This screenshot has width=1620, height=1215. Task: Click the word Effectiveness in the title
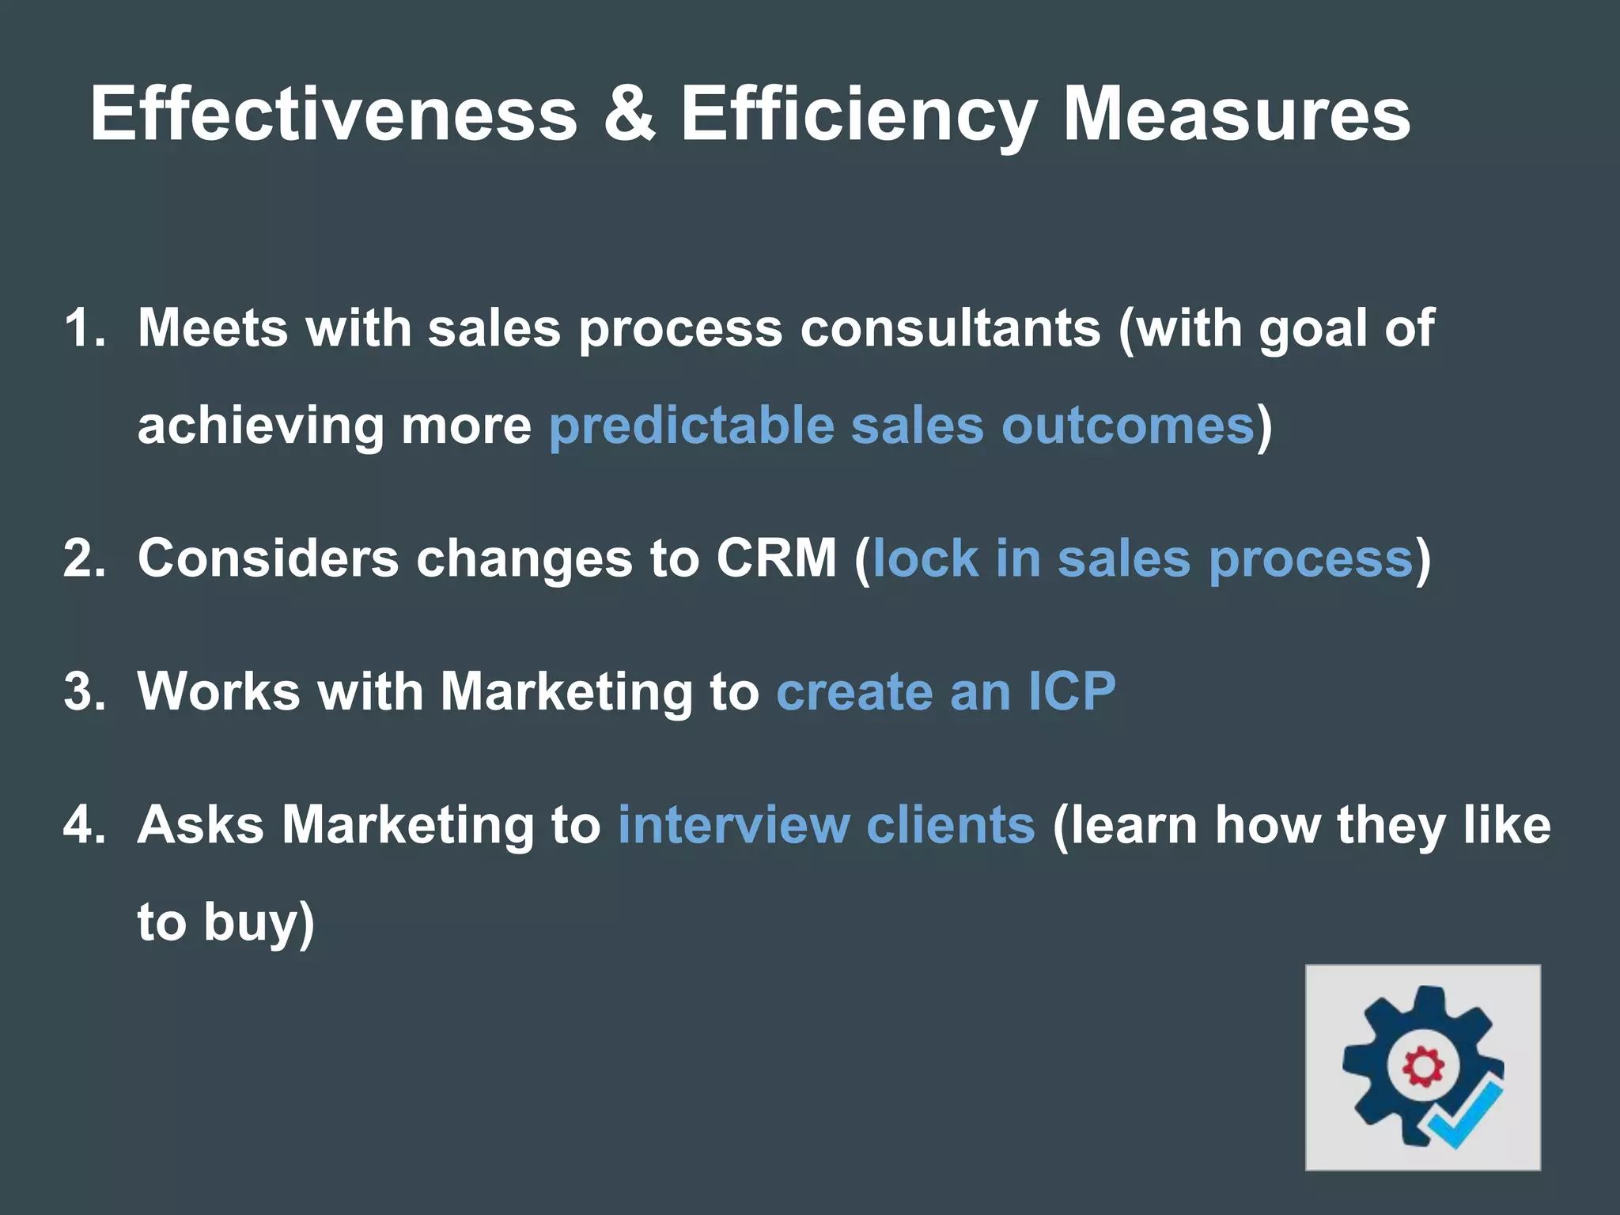pos(333,115)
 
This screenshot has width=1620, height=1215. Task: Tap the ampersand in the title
pos(629,115)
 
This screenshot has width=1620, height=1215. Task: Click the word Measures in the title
pos(1236,115)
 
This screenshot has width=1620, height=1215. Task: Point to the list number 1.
pos(84,327)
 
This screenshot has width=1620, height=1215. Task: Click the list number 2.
pos(84,558)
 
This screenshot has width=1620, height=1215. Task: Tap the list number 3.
pos(84,691)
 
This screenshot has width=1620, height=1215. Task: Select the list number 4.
pos(84,824)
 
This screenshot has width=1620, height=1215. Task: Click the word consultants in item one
pos(950,327)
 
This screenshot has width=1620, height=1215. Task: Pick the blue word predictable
pos(691,426)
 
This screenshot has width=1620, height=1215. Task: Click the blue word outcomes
pos(1128,426)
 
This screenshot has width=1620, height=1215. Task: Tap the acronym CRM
pos(776,558)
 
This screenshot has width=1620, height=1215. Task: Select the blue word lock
pos(925,558)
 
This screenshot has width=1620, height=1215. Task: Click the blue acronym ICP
pos(1072,691)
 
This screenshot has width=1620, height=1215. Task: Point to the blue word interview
pos(733,824)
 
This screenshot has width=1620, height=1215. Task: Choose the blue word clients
pos(950,824)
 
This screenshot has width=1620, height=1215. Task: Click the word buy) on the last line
pos(259,922)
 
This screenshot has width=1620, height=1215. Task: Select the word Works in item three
pos(219,691)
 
